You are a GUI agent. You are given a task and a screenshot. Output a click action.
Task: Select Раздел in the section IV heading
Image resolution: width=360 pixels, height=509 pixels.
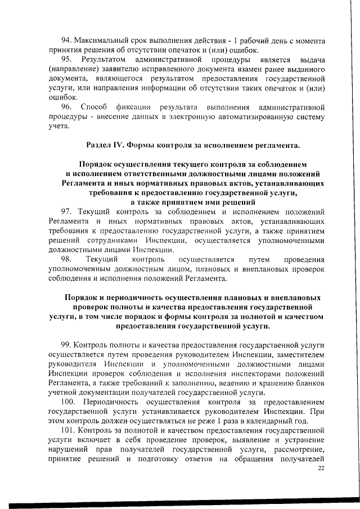(x=98, y=145)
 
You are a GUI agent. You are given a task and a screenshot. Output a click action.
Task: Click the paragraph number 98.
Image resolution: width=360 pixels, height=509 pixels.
(x=66, y=259)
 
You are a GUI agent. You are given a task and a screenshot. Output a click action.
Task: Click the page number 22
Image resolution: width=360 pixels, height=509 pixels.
(x=321, y=468)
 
